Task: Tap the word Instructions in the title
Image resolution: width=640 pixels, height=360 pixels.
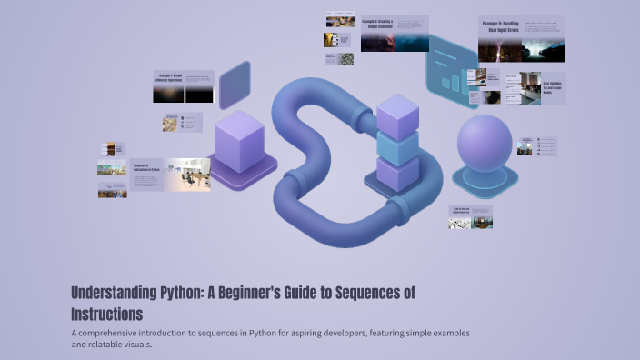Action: click(x=106, y=315)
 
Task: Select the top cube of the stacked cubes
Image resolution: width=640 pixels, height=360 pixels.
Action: click(x=397, y=115)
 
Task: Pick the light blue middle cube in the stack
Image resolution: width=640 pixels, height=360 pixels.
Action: click(x=397, y=146)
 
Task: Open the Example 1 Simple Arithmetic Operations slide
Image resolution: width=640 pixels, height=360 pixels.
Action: click(x=183, y=86)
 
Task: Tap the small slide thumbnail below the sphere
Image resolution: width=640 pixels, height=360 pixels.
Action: click(x=470, y=216)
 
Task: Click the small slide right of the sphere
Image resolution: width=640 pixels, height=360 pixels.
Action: click(x=536, y=146)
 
